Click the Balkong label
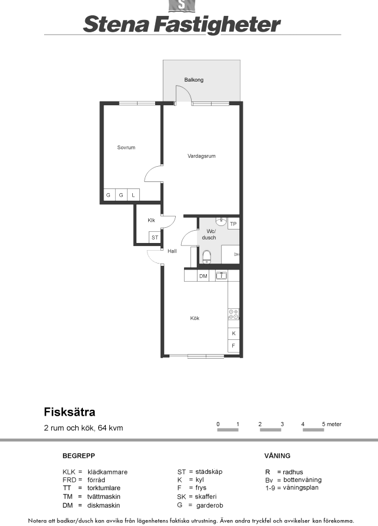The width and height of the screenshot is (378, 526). (193, 80)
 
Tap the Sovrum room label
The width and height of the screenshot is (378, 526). (126, 147)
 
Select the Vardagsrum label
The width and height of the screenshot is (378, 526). (201, 156)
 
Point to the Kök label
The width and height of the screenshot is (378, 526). (195, 318)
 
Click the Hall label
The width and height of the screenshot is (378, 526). (172, 251)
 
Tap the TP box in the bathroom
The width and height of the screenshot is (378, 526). (233, 224)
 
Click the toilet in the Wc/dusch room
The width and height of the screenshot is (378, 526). (207, 257)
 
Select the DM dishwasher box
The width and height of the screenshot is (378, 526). (203, 276)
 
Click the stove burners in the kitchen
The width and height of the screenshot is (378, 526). (233, 314)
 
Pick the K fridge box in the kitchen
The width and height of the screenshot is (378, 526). (233, 333)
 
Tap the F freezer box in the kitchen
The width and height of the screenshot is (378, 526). (233, 346)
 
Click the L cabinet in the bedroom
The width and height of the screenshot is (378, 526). (133, 195)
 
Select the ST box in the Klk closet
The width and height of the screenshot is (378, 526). (155, 238)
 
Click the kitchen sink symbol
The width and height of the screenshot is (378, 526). (221, 276)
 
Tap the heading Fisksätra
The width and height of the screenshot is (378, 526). (69, 412)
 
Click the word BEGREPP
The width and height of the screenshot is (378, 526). (79, 456)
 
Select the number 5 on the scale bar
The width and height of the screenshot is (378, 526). (323, 424)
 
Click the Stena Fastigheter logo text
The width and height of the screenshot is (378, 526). (182, 25)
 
